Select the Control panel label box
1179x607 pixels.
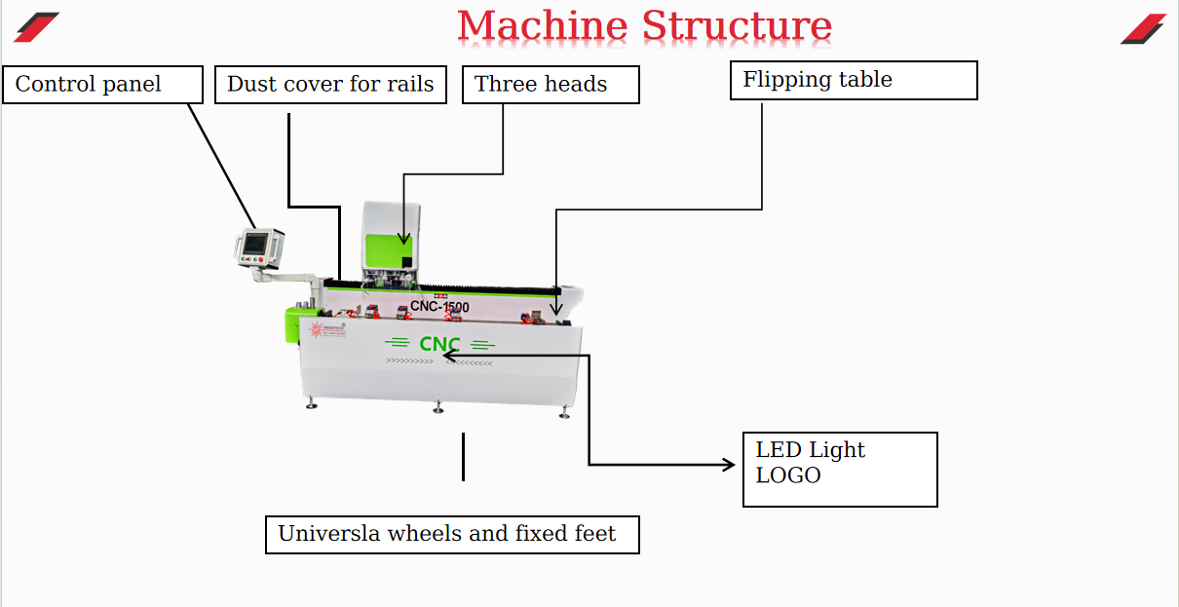point(102,85)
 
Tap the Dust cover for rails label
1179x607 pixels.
point(330,85)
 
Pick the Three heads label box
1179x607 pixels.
point(551,85)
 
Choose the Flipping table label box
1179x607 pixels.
point(854,81)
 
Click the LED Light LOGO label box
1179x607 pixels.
point(840,470)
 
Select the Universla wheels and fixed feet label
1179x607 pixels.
point(452,535)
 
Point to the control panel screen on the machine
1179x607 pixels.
point(257,244)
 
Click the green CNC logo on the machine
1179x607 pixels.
point(439,344)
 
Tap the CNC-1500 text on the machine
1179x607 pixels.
point(439,307)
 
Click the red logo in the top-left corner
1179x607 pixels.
point(36,27)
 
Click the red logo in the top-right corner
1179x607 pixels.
point(1143,28)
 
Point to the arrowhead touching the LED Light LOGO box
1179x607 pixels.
point(729,465)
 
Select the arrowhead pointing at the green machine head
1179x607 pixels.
point(403,239)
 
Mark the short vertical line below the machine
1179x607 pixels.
point(463,457)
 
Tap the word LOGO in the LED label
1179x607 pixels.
point(788,476)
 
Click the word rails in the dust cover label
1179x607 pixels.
point(408,85)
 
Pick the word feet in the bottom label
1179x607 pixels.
point(594,534)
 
